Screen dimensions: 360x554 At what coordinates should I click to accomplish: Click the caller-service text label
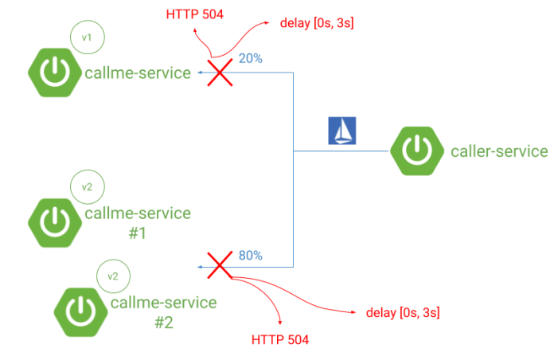(x=499, y=151)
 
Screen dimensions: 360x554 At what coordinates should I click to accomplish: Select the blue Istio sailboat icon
(x=342, y=131)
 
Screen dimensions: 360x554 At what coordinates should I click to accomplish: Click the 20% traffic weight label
(x=249, y=59)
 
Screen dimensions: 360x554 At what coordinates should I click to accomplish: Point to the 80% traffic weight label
(x=250, y=256)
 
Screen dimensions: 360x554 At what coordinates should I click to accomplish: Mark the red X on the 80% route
(x=215, y=266)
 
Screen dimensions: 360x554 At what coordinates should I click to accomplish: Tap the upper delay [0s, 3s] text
(x=317, y=25)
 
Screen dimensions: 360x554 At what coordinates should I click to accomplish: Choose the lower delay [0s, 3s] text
(x=404, y=313)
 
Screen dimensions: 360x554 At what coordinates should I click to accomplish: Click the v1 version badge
(x=88, y=37)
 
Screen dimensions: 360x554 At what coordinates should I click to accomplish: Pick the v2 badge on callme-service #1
(x=88, y=188)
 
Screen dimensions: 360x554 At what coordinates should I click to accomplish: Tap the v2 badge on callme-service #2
(x=113, y=276)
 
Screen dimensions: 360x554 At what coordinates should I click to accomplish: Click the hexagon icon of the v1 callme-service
(x=53, y=72)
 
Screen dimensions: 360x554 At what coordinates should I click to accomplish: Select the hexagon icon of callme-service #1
(x=53, y=221)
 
